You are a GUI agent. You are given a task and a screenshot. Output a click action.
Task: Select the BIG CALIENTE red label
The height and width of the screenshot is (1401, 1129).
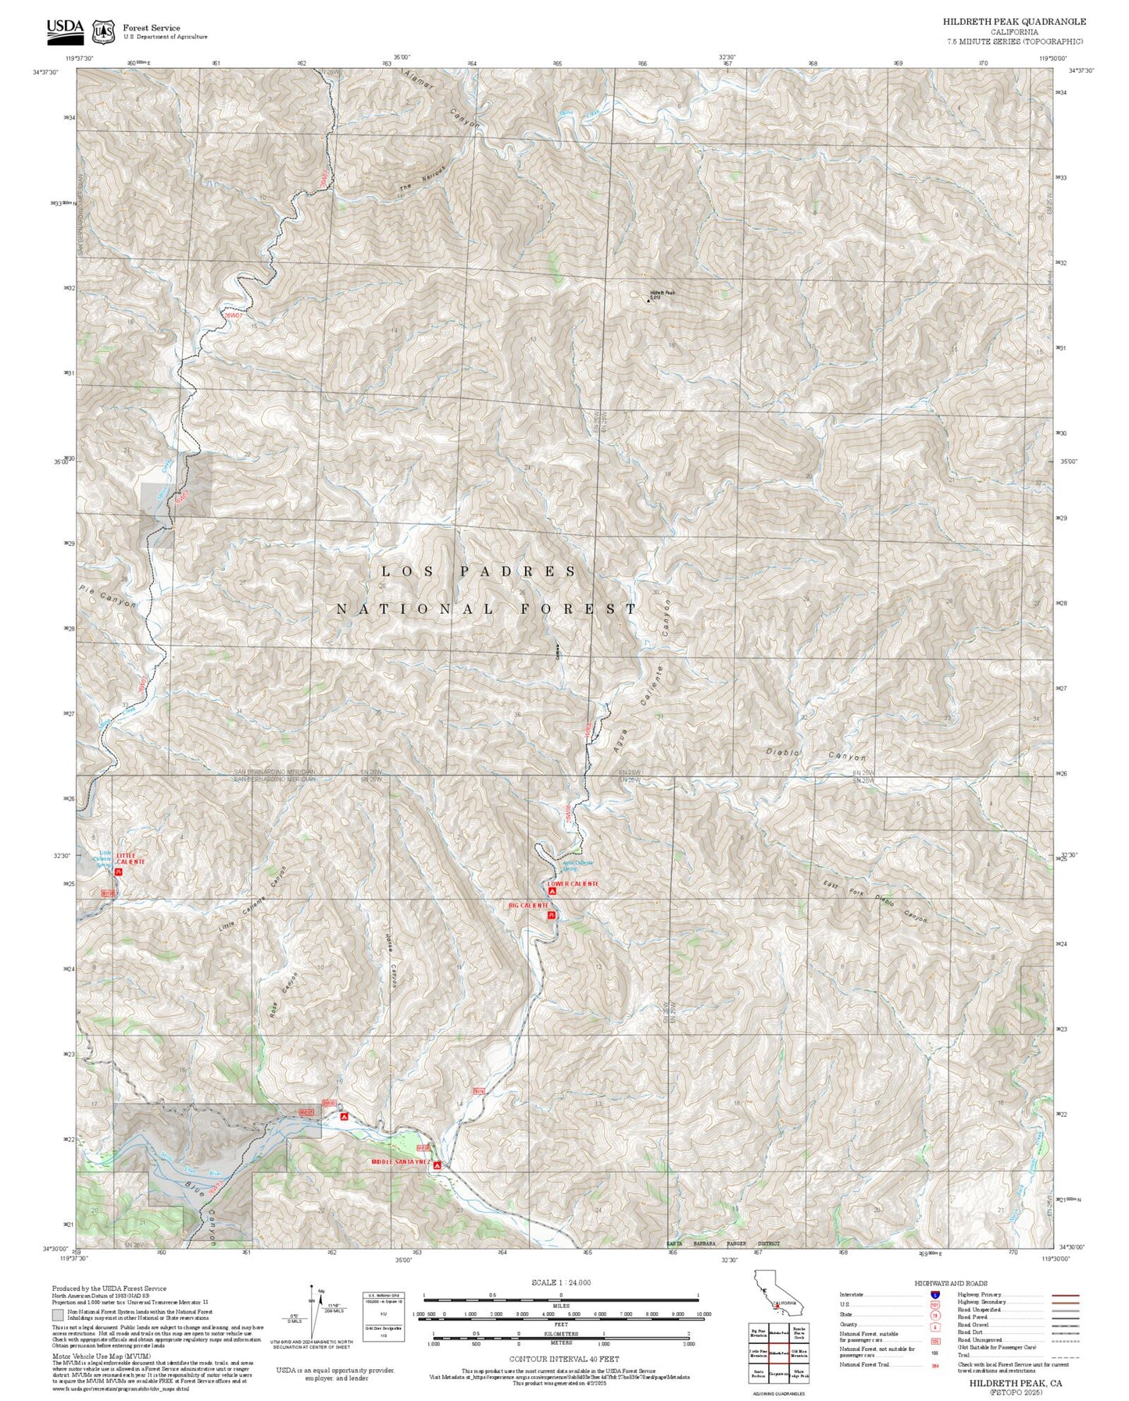click(x=528, y=905)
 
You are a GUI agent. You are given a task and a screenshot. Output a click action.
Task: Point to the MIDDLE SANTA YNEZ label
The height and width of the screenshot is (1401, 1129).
click(x=401, y=1162)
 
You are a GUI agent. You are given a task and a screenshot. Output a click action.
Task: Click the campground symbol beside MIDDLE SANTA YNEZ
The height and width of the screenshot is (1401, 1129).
click(x=438, y=1165)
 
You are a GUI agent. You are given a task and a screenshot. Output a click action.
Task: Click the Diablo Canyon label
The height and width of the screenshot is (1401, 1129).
click(x=816, y=754)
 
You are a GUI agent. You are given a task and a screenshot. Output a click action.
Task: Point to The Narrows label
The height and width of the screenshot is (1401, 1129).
click(x=422, y=179)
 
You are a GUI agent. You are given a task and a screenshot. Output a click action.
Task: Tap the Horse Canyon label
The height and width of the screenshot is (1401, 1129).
click(x=391, y=961)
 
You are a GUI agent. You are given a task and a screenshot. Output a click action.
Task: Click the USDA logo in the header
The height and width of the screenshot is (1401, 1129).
click(x=65, y=29)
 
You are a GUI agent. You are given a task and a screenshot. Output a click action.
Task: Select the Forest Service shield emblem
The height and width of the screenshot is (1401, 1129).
click(x=103, y=32)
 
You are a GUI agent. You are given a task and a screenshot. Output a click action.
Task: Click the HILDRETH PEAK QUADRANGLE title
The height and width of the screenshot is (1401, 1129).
click(x=1013, y=22)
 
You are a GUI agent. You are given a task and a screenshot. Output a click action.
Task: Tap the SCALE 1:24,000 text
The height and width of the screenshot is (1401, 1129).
click(x=560, y=1282)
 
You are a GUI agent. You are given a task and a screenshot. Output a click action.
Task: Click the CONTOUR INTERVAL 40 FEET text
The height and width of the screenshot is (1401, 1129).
click(x=563, y=1359)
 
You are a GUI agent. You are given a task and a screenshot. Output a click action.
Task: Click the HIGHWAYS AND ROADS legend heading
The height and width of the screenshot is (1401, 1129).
click(x=950, y=1283)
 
